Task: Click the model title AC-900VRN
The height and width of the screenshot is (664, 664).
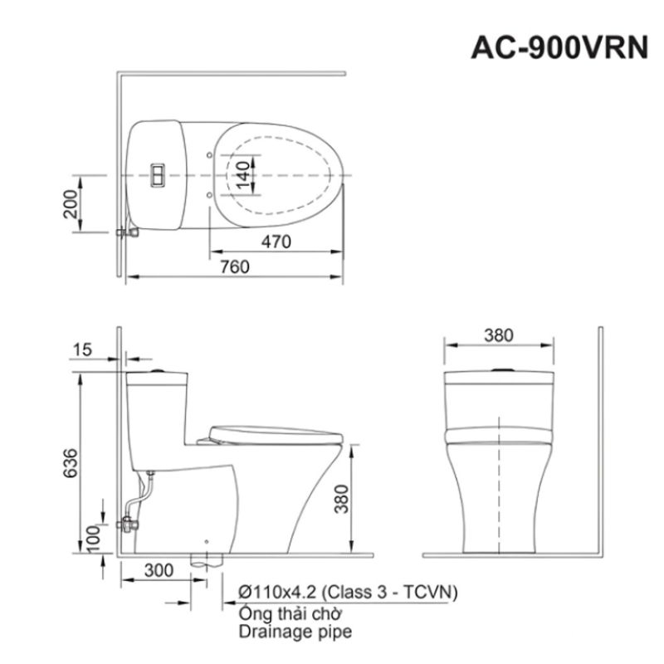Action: [559, 47]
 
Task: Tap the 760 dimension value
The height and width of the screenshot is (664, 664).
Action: [235, 267]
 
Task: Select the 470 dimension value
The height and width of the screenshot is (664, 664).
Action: [276, 242]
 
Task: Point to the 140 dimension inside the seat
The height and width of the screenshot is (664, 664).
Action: [243, 175]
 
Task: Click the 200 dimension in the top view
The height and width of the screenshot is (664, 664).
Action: [71, 204]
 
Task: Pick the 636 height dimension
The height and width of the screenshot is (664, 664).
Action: [71, 463]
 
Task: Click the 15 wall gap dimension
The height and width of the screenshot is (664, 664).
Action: [82, 350]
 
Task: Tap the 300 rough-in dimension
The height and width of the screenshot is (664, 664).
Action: [159, 570]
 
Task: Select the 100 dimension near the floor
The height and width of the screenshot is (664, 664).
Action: [94, 539]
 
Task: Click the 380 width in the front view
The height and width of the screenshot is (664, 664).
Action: [499, 335]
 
